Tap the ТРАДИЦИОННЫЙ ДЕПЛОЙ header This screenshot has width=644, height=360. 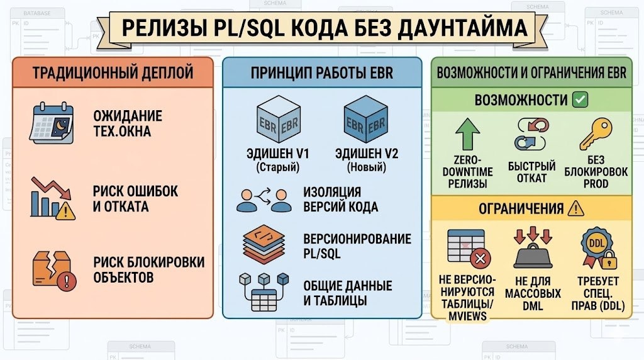point(113,72)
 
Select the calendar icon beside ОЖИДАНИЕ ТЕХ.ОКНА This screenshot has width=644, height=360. point(52,123)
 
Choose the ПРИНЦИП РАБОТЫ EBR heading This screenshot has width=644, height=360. point(321,72)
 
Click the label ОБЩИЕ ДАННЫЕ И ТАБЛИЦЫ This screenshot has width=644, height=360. point(347,293)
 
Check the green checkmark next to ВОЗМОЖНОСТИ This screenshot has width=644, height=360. point(580,99)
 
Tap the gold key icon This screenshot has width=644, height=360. point(594,133)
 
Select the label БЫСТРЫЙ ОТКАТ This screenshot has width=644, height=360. point(532,172)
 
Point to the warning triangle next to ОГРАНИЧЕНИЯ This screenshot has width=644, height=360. point(575,208)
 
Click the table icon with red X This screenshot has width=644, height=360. point(468,248)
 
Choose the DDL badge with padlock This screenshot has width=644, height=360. point(597,249)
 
